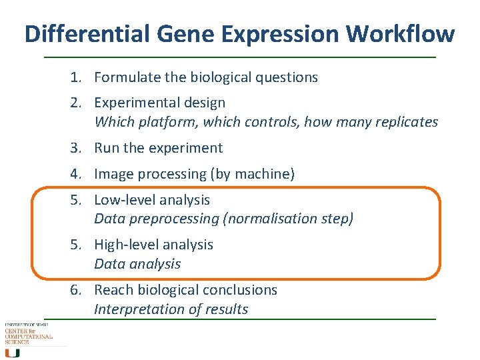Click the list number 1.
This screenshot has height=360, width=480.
point(75,77)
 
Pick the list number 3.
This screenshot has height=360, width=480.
point(75,148)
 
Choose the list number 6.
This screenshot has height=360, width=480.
point(75,290)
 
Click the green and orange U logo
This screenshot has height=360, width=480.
point(12,353)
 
